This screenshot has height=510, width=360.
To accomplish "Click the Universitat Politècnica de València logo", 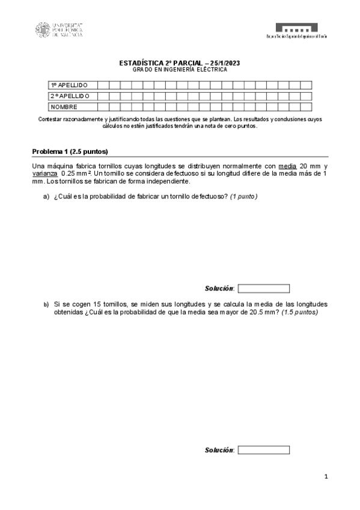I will tap(59, 29).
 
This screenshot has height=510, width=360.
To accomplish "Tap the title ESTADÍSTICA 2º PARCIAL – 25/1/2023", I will tap(180, 63).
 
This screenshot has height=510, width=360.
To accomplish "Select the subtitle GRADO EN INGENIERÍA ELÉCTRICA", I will tap(180, 70).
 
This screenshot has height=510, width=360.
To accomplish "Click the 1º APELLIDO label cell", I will tap(71, 85).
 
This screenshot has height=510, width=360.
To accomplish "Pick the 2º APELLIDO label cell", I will tap(71, 96).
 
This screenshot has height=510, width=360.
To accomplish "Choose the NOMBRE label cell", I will tap(71, 107).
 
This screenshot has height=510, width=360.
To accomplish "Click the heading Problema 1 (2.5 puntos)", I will tap(70, 152).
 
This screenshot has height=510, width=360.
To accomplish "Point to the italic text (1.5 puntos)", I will tap(299, 313).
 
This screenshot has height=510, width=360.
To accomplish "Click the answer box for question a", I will tap(264, 289).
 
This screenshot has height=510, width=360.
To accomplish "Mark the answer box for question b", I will tap(264, 450).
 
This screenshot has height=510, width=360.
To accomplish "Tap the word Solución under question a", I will tap(219, 289).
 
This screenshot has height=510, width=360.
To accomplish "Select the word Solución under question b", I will tap(219, 450).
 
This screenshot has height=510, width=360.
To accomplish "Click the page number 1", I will tap(325, 477).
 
